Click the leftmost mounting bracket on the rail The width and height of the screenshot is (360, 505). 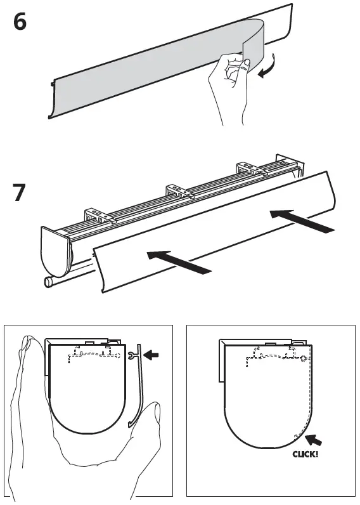point(98,215)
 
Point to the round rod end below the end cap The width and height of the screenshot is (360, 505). point(48,282)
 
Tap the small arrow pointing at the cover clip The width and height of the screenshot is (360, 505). point(153,357)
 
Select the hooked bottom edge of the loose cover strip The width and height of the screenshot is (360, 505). point(134,423)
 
